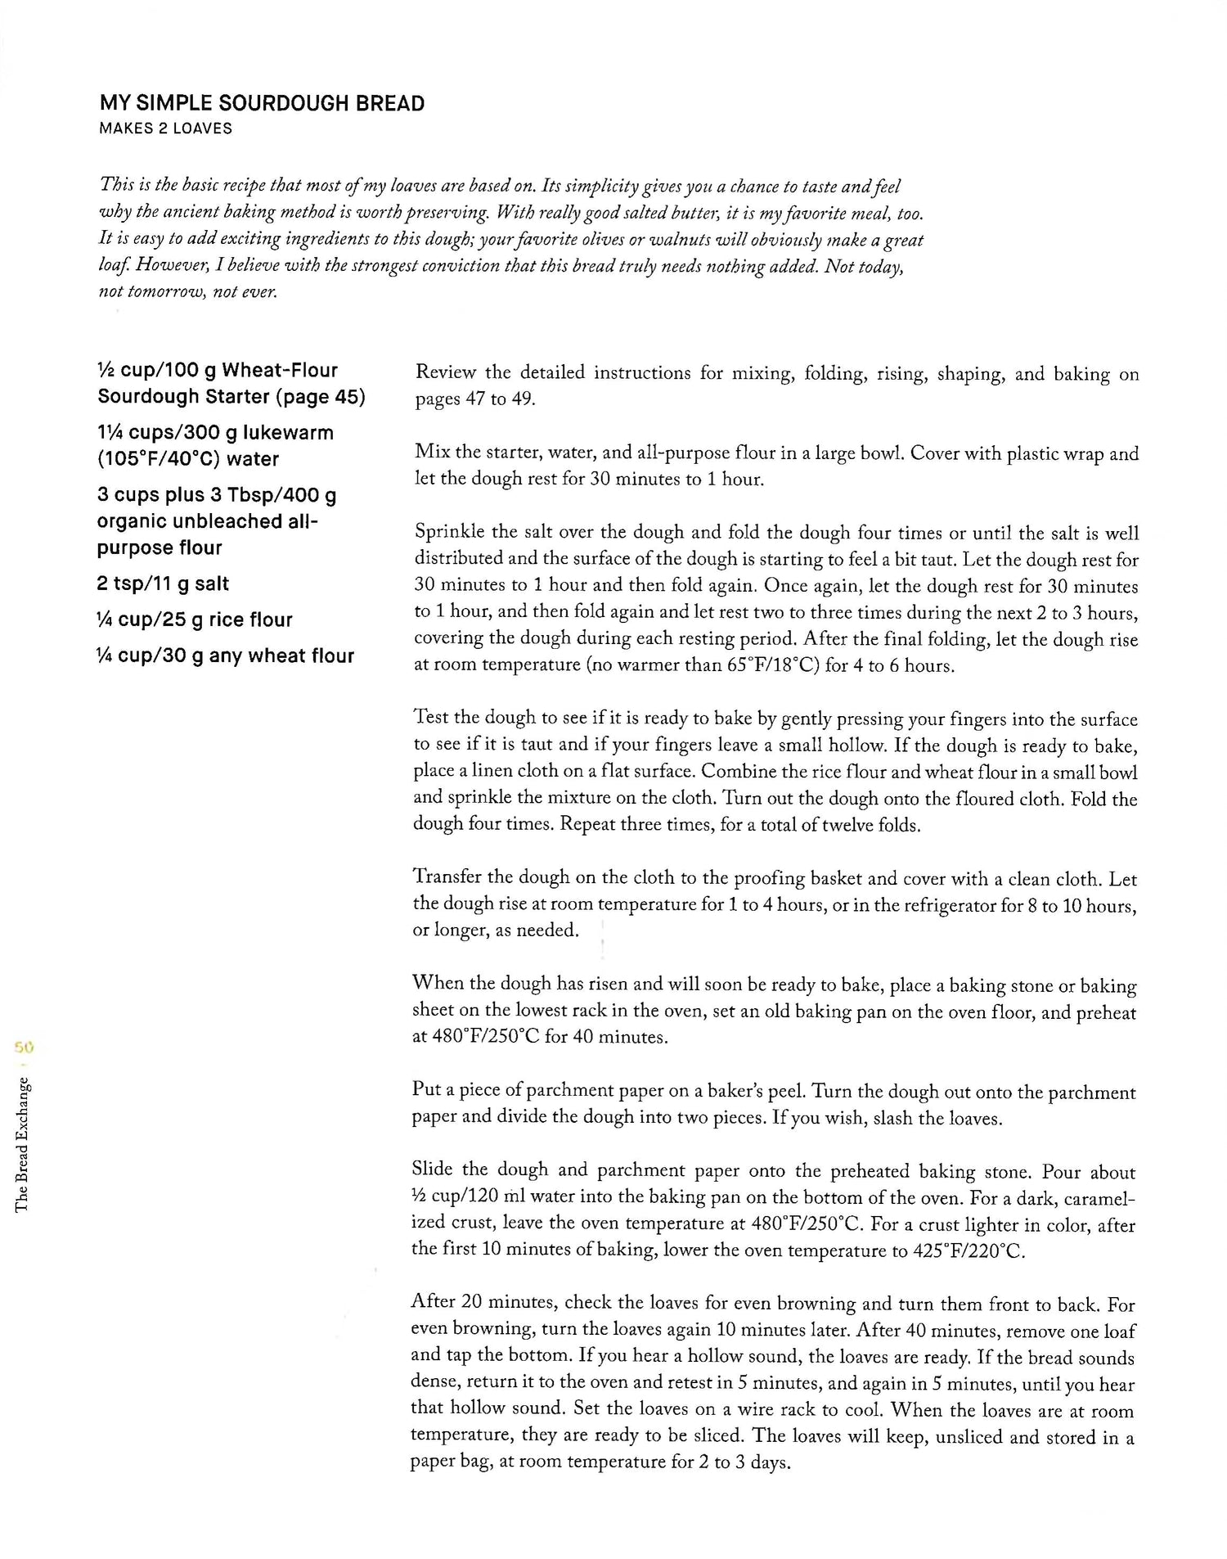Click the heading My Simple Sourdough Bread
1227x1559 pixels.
(x=262, y=104)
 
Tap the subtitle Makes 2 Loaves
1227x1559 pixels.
(x=165, y=128)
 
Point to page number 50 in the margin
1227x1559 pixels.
(x=21, y=1046)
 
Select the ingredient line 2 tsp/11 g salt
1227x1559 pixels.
(x=163, y=583)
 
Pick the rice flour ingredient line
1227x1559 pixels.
(x=195, y=620)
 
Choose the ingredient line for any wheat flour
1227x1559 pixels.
(x=226, y=656)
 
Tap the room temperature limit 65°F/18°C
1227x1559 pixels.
(x=771, y=665)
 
